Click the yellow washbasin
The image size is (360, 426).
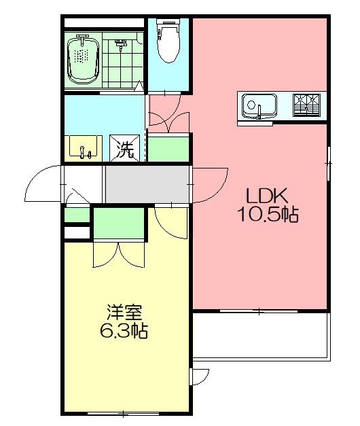point(84,147)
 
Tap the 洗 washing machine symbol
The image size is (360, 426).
point(124,149)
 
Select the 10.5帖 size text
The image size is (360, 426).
point(267,215)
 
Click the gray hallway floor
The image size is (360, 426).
point(147,183)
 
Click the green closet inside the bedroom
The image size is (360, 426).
point(120,224)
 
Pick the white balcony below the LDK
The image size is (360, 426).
point(262,336)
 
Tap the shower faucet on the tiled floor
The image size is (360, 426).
point(122,46)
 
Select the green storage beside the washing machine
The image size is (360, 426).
point(168,149)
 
